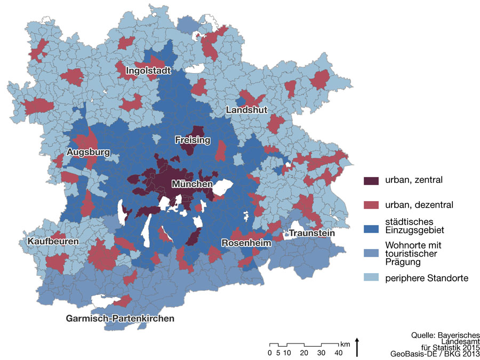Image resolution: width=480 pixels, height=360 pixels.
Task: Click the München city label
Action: (192, 185)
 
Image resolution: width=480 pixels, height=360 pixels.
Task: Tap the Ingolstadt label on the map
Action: (148, 71)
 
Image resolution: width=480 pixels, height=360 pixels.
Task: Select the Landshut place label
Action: (246, 110)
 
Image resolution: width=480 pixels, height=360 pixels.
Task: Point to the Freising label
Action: (193, 140)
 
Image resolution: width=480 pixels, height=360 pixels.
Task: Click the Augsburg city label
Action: (89, 153)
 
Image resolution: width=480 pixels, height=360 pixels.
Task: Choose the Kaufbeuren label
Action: (53, 242)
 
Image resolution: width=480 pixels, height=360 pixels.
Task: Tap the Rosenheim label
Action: (246, 243)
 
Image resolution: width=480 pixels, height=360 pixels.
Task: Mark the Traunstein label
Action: (311, 233)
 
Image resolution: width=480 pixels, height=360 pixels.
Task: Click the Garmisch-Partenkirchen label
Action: (120, 318)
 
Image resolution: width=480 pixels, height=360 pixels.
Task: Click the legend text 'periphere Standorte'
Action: (427, 278)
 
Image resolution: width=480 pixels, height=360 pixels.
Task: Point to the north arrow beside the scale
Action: (356, 347)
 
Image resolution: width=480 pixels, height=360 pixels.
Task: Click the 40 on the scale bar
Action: (338, 353)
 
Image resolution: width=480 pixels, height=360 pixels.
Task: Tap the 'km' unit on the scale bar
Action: (346, 343)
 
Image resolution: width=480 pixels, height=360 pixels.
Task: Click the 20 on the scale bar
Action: (304, 353)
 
